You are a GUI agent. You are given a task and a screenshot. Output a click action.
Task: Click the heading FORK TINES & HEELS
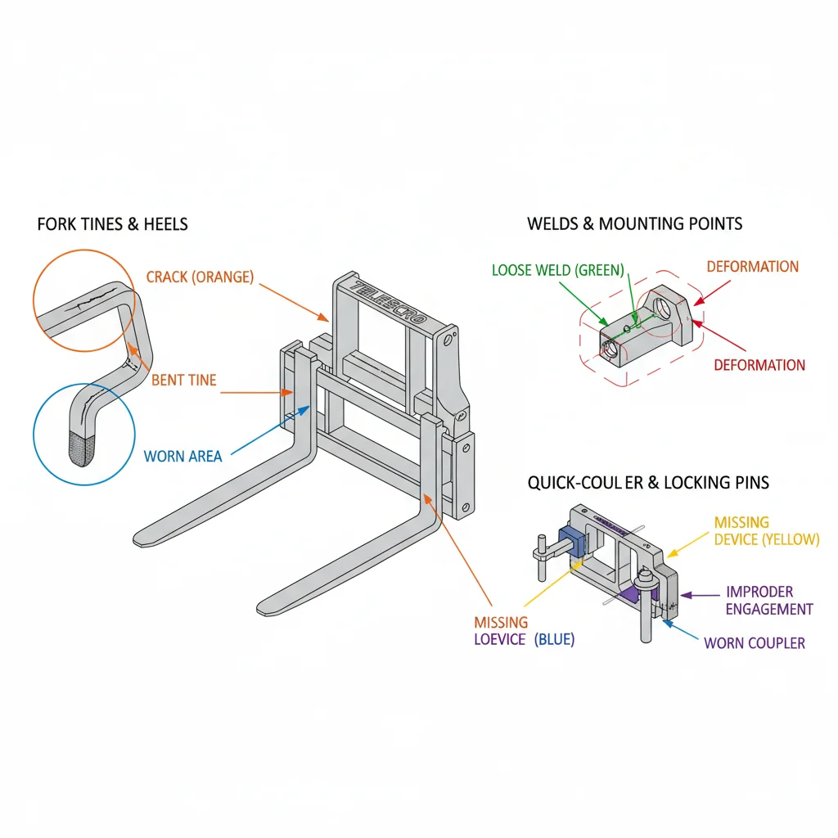112,224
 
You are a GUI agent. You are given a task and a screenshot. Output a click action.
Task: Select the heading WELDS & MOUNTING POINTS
634,223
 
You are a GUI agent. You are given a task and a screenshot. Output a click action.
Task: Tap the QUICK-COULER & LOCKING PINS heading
648,483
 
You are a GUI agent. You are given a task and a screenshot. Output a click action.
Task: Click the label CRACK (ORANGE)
200,277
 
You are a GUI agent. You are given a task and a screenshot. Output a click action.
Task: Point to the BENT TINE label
184,380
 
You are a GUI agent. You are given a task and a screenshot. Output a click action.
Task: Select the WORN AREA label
182,456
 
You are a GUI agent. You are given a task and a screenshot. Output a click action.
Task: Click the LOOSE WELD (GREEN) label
558,269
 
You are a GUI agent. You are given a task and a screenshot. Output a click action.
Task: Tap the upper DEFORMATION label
752,267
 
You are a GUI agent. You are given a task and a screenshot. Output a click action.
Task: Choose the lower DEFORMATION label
759,365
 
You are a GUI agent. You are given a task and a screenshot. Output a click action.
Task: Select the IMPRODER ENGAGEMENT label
769,600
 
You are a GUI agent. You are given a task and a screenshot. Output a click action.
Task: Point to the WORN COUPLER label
755,642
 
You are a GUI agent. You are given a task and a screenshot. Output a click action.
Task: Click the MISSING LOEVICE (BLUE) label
524,631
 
